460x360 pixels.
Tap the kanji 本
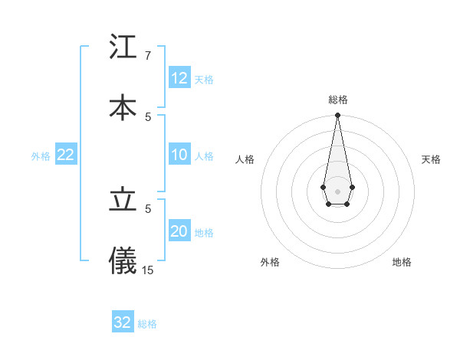pyautogui.click(x=123, y=106)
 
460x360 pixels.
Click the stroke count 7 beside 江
pyautogui.click(x=147, y=56)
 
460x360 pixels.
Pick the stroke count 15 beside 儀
pyautogui.click(x=148, y=270)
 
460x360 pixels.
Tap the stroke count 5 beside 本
pyautogui.click(x=148, y=116)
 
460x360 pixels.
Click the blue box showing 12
pyautogui.click(x=179, y=78)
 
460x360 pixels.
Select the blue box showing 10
pyautogui.click(x=179, y=155)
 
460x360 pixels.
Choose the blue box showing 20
pyautogui.click(x=179, y=231)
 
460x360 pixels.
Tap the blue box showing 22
pyautogui.click(x=66, y=155)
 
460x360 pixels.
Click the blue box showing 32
pyautogui.click(x=123, y=322)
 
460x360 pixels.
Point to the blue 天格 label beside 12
pyautogui.click(x=204, y=79)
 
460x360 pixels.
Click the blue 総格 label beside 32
pyautogui.click(x=147, y=324)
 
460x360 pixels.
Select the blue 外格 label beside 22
pyautogui.click(x=41, y=156)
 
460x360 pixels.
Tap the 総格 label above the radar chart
pyautogui.click(x=338, y=100)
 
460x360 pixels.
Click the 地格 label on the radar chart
pyautogui.click(x=402, y=262)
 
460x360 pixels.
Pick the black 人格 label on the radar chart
pyautogui.click(x=245, y=159)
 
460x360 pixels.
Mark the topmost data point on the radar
pyautogui.click(x=337, y=116)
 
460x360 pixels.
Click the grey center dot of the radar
pyautogui.click(x=337, y=190)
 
